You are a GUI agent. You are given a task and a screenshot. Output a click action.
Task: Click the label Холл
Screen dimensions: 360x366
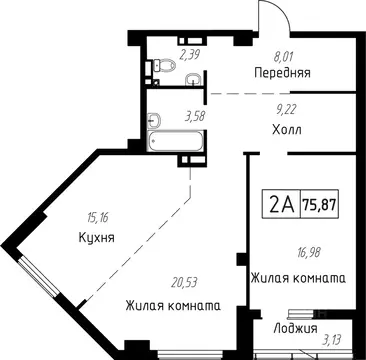tap(287, 130)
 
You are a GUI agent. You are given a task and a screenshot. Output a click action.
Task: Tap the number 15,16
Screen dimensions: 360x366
tap(98, 213)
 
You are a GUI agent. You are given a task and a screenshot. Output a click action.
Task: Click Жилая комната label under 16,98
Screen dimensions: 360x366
tap(299, 278)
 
